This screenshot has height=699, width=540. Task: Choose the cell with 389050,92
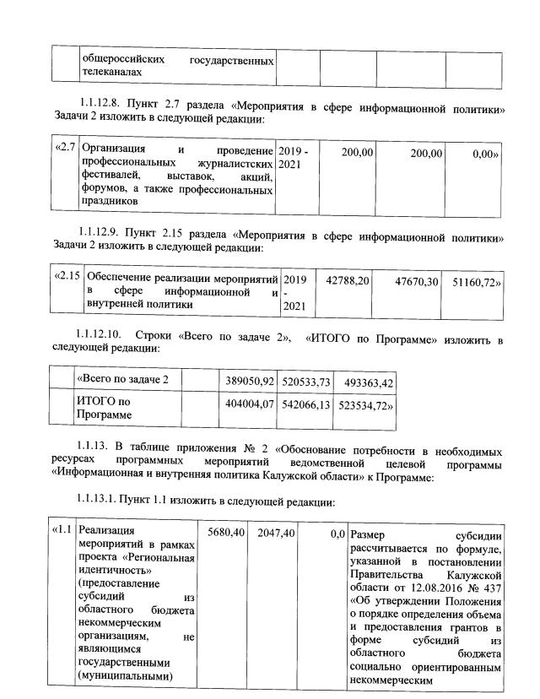point(247,382)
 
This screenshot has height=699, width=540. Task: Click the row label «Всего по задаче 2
point(122,379)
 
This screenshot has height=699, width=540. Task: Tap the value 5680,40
point(225,533)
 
